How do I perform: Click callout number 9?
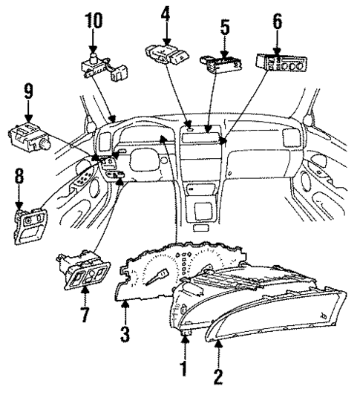click(29, 92)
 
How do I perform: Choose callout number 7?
click(85, 314)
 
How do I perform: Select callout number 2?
click(218, 376)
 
